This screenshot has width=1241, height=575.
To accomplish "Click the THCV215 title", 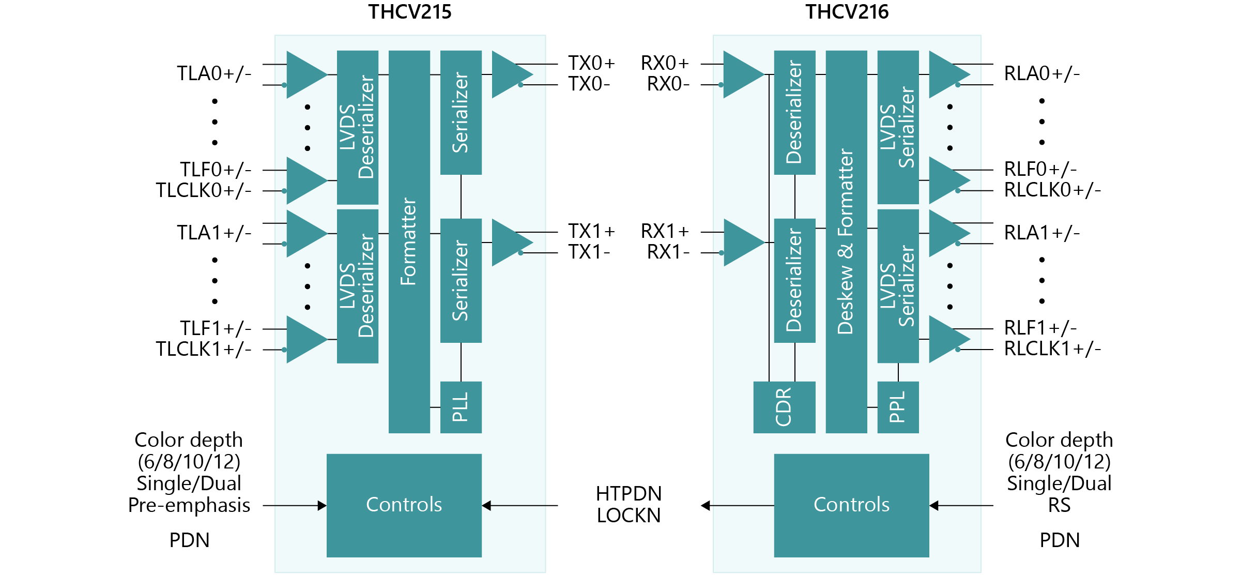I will (x=409, y=12).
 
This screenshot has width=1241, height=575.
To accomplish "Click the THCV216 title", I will (x=847, y=12).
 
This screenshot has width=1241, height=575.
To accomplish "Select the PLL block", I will (x=461, y=407).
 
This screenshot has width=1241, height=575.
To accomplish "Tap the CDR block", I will (x=784, y=407).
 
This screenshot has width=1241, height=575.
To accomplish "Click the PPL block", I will (x=898, y=407).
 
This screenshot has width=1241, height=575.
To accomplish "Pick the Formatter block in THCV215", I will (x=409, y=241).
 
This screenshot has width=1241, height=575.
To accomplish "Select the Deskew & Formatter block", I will (x=846, y=241).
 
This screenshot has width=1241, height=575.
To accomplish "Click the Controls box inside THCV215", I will (x=404, y=505).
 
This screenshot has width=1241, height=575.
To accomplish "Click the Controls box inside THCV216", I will (x=851, y=505).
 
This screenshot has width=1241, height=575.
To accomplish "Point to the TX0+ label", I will (x=592, y=63).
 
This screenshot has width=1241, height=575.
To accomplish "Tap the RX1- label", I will (x=668, y=252).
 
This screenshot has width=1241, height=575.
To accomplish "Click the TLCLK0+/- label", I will (x=204, y=190).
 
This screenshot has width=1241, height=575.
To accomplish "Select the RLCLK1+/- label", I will (x=1052, y=349).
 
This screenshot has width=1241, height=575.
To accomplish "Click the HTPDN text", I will (x=629, y=494).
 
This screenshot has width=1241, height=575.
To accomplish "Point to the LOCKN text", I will (x=629, y=516).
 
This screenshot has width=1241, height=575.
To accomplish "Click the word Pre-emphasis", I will (x=189, y=505).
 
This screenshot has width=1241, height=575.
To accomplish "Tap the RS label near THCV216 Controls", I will (x=1059, y=505).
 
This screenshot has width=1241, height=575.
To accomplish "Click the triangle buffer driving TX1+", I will (x=509, y=242).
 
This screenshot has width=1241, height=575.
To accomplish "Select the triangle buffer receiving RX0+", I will (x=740, y=74).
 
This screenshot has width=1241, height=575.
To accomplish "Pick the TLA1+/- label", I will (x=214, y=233).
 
